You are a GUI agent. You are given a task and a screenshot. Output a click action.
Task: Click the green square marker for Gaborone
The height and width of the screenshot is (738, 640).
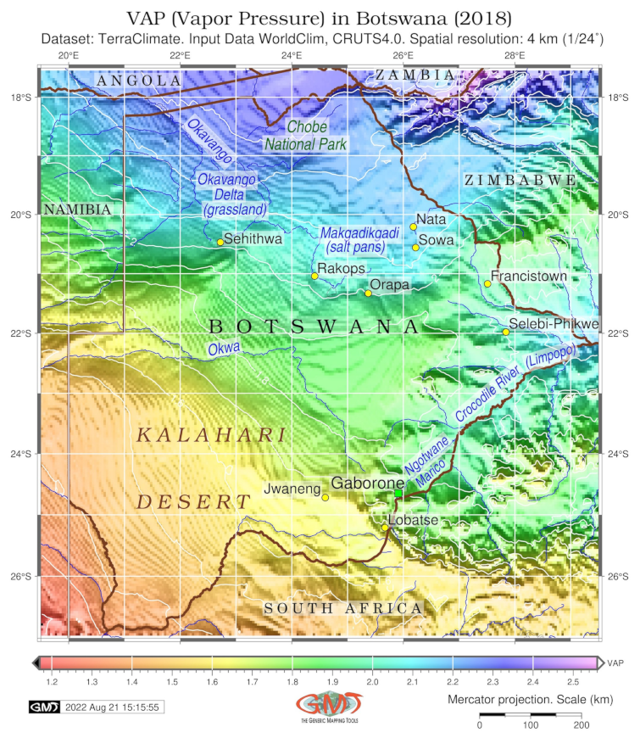(x=398, y=494)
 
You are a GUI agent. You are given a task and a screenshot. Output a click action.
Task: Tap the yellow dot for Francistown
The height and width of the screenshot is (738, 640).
(x=487, y=283)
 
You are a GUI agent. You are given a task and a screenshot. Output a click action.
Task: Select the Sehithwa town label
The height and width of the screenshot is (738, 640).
(x=253, y=239)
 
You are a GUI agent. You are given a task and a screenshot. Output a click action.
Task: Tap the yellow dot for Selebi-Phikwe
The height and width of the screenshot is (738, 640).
(x=506, y=332)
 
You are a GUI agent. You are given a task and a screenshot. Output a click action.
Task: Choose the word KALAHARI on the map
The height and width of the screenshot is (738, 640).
(x=211, y=435)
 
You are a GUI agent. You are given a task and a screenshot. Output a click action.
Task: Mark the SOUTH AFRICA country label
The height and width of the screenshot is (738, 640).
(x=342, y=608)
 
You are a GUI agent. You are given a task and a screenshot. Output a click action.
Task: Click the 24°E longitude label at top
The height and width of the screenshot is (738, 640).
(x=292, y=56)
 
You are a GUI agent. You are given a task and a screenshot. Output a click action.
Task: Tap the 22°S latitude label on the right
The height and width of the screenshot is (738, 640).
(x=617, y=333)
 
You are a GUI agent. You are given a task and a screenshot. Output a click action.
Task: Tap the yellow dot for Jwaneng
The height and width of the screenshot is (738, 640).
(x=326, y=497)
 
